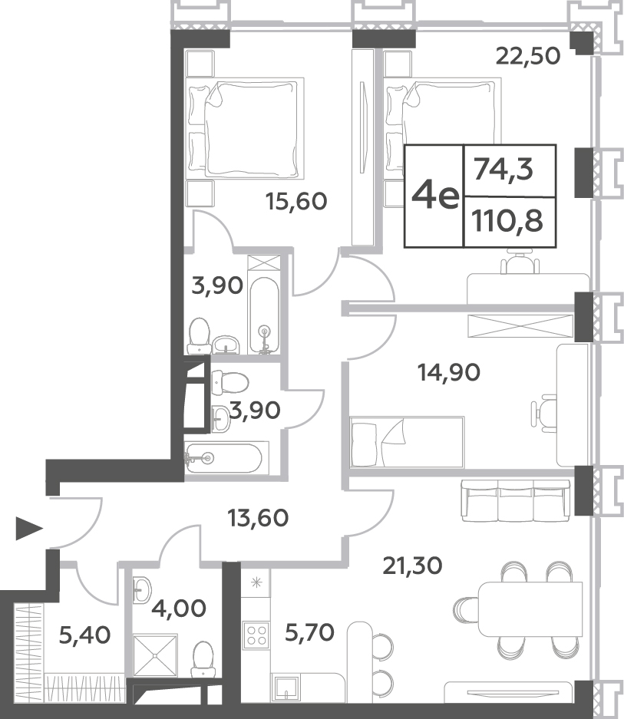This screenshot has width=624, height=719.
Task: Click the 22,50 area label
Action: coord(528,57)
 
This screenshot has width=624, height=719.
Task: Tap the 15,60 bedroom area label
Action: coord(296,201)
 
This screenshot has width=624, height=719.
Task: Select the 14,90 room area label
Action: coord(449,372)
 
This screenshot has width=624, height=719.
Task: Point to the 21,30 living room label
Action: coord(412,566)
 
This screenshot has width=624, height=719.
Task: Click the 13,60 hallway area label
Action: coord(258,518)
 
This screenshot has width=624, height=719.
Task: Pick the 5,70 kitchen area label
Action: coord(310,633)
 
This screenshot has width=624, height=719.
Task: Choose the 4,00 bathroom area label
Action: coord(179,609)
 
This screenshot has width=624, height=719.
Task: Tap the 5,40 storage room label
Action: coord(85,635)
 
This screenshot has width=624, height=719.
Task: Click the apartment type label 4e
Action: coord(435,196)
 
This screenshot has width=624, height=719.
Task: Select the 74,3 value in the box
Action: coord(503,170)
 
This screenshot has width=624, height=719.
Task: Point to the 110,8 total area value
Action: coord(507,221)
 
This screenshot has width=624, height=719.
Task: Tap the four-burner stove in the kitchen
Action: coord(256,635)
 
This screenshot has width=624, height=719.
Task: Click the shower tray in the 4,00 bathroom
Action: coord(155,655)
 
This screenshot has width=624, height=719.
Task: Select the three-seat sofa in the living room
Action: coord(515,500)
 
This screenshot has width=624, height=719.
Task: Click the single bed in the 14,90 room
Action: coord(407,442)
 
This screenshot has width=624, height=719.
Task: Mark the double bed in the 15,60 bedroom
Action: coord(246,128)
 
